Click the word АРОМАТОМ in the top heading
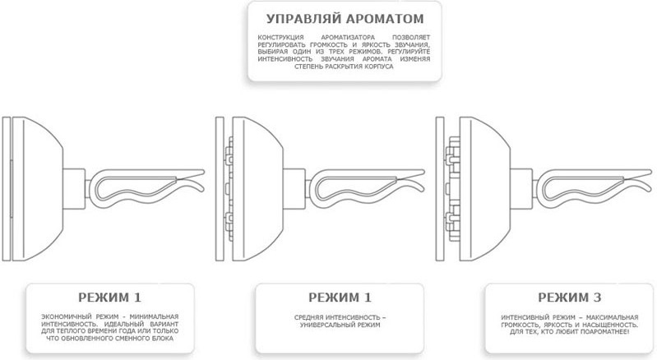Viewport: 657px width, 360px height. [x=385, y=19]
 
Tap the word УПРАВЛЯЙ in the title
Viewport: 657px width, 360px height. [x=304, y=19]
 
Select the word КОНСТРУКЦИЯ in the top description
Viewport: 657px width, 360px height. [x=280, y=38]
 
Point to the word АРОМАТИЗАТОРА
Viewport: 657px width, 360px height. [x=351, y=38]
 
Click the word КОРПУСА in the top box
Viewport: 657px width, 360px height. [x=379, y=67]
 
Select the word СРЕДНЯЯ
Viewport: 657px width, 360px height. [x=308, y=318]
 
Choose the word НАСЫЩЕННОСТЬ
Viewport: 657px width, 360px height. [x=612, y=325]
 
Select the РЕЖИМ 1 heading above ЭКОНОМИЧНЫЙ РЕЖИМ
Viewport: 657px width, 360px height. [x=110, y=298]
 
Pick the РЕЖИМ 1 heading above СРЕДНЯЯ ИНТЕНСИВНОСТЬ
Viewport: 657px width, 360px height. [x=340, y=298]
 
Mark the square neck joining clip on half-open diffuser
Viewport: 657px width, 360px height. [x=294, y=189]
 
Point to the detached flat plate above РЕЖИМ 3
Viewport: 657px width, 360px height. [x=440, y=189]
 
